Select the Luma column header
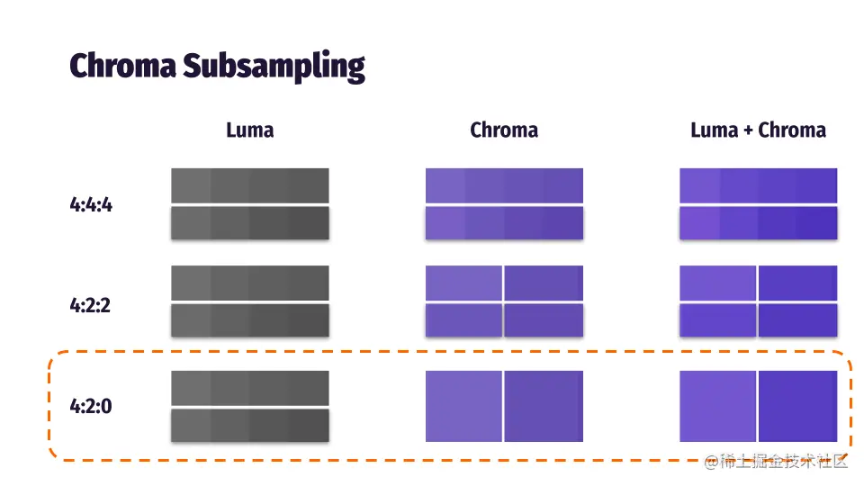click(x=249, y=130)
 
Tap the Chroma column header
click(x=504, y=130)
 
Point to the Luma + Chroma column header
click(x=758, y=130)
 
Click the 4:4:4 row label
click(x=91, y=204)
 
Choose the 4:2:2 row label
click(x=91, y=305)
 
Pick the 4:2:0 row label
click(x=91, y=406)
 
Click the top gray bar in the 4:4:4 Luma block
click(x=250, y=185)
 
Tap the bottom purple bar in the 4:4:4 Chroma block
click(x=504, y=223)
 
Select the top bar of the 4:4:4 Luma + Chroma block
click(x=758, y=185)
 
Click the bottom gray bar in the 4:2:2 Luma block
click(x=250, y=320)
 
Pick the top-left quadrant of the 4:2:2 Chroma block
click(x=463, y=283)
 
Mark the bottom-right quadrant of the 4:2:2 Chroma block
click(x=544, y=320)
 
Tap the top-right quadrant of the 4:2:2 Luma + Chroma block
click(x=798, y=283)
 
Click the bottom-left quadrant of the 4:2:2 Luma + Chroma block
click(x=718, y=320)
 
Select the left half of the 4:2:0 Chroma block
click(x=463, y=406)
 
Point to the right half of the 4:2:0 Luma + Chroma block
click(x=798, y=406)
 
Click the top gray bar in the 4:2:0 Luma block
click(x=250, y=388)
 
